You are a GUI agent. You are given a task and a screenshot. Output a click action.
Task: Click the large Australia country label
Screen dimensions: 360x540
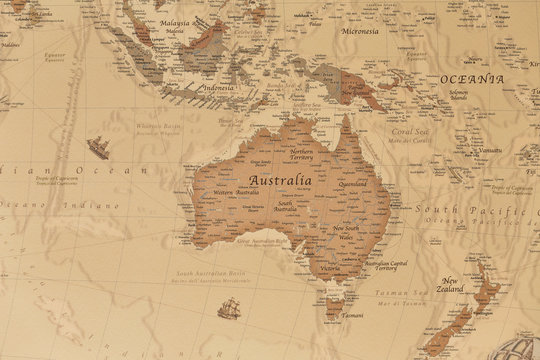[x=279, y=181]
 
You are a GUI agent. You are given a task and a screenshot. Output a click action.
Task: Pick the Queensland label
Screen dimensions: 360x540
[x=353, y=184]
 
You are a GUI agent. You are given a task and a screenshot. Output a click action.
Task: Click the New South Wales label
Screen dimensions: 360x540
[x=346, y=234]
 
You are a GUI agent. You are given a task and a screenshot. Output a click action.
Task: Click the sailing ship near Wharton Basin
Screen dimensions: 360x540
[x=99, y=148]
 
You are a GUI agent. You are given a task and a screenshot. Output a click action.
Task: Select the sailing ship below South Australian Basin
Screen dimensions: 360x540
[x=228, y=308]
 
